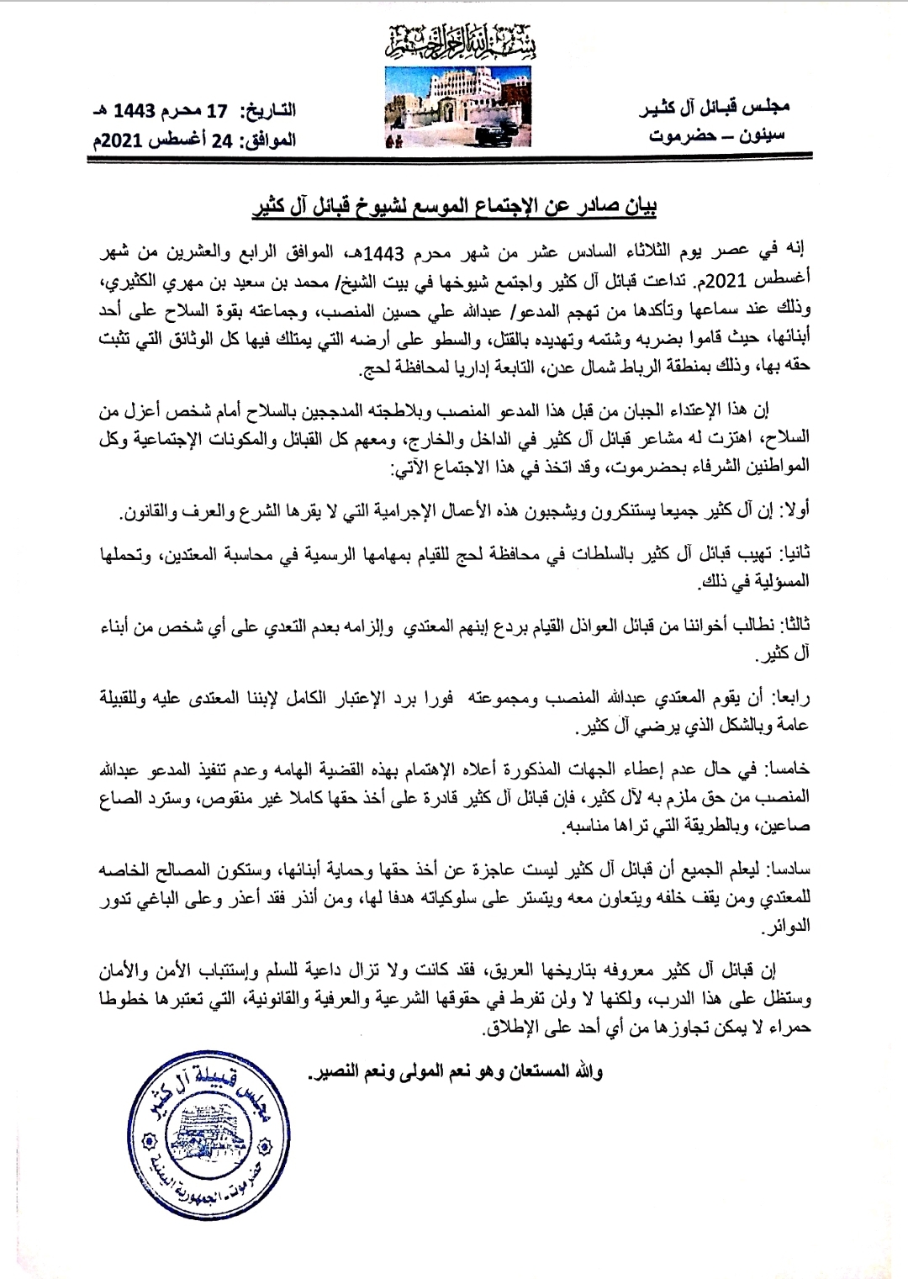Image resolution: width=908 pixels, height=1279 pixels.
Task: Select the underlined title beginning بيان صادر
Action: coord(455,205)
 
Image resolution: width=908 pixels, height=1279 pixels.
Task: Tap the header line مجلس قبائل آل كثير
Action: coord(720,108)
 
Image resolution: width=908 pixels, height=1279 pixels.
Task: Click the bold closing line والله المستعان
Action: coord(457,1073)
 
